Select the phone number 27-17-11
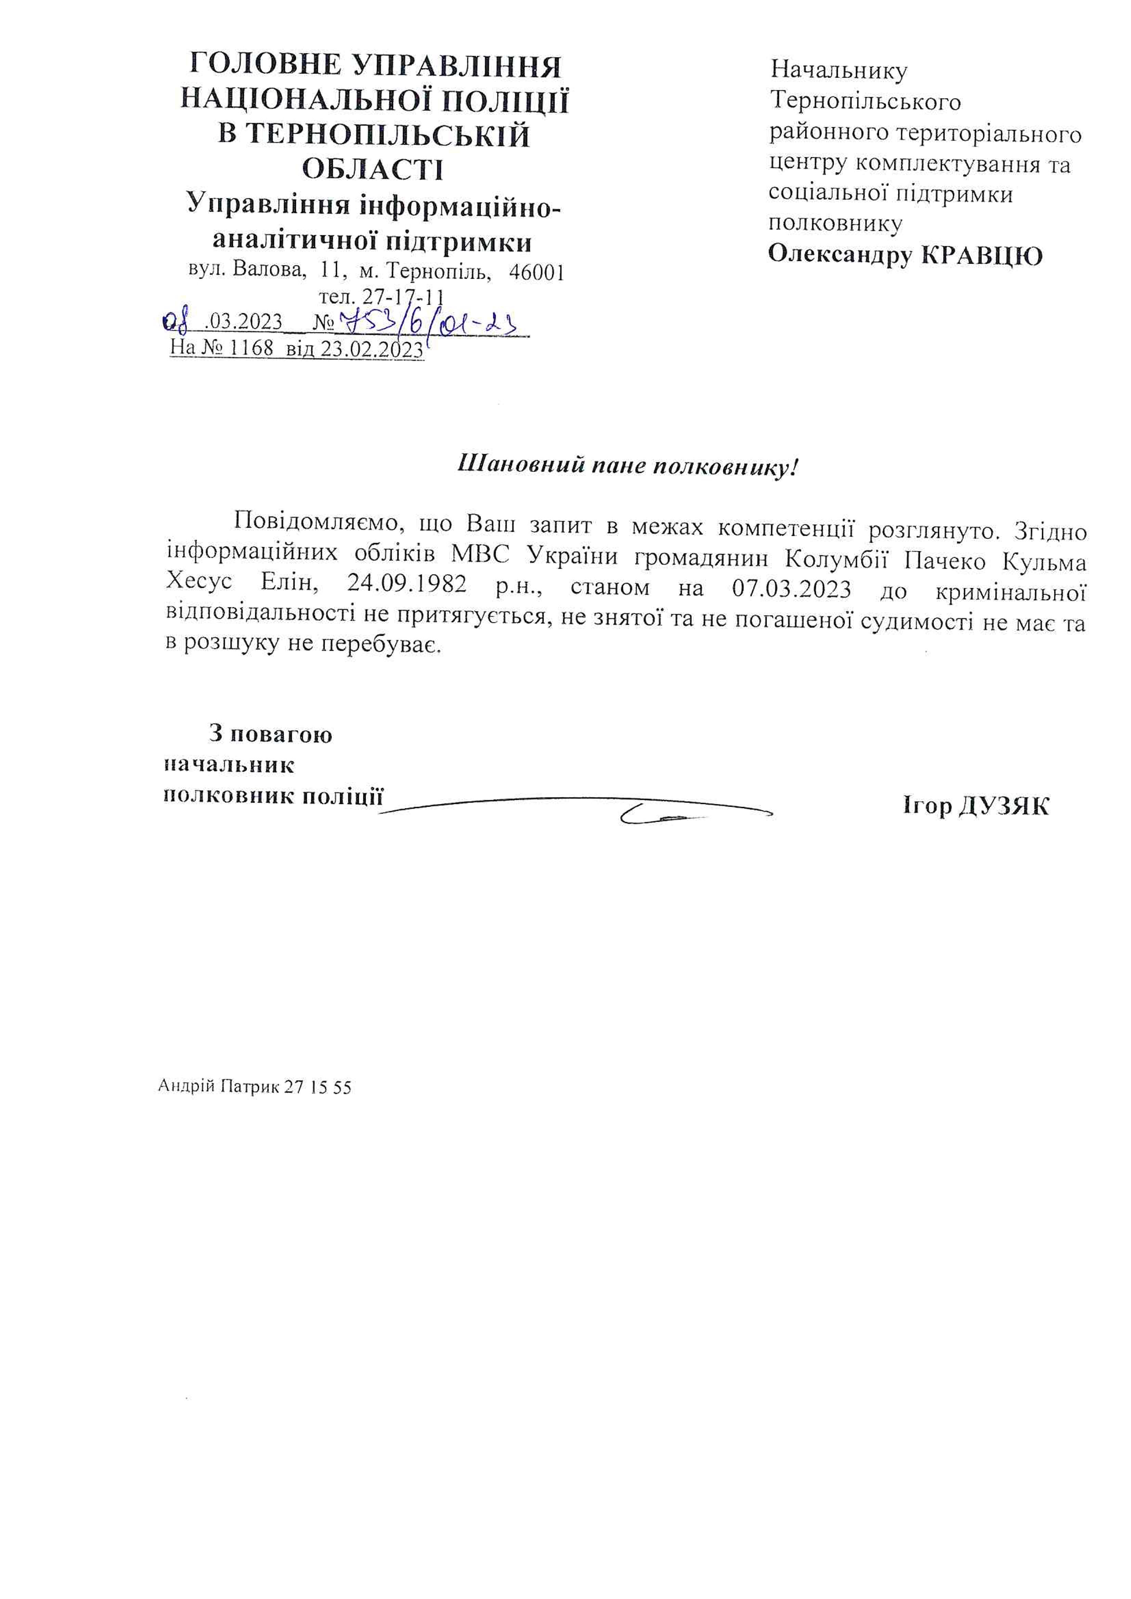point(404,298)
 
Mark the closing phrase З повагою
point(270,734)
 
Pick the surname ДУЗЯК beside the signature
point(1003,806)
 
